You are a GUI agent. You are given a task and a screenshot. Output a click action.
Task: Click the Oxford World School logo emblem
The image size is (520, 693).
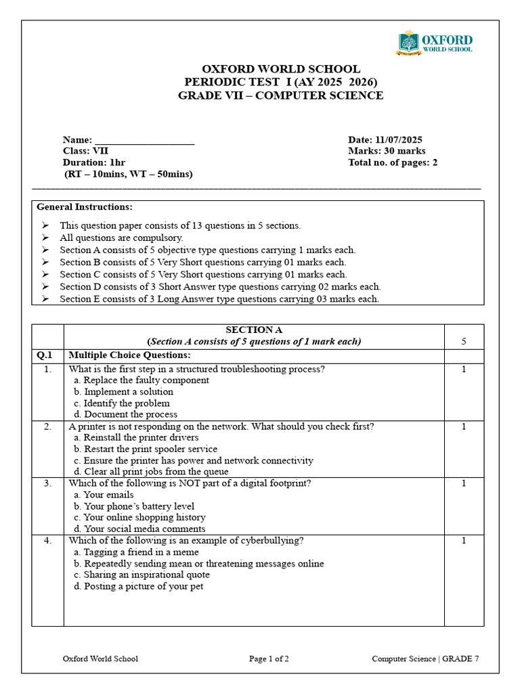click(408, 43)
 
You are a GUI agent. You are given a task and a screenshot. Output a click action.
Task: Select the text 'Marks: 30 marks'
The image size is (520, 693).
click(387, 151)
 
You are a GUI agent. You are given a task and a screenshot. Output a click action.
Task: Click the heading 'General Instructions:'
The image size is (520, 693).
click(85, 206)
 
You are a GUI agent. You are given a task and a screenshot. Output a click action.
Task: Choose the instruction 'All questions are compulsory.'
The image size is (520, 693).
click(121, 238)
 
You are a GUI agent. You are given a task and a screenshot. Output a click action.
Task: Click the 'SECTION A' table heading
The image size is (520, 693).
click(254, 330)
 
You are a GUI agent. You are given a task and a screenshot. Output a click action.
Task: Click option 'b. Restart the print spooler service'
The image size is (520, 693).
click(146, 449)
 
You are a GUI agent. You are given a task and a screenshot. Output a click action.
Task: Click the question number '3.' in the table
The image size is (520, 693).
click(47, 483)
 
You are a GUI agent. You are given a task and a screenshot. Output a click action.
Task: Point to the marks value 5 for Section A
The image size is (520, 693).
click(464, 342)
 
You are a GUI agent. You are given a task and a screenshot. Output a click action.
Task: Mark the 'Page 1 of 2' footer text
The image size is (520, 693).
click(269, 658)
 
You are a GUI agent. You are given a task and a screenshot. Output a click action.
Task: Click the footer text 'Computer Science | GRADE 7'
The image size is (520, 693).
click(425, 658)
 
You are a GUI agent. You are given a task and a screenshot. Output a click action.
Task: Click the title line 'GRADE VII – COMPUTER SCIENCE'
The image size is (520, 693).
click(280, 95)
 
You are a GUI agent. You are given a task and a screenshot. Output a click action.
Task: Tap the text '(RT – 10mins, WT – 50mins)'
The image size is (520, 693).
click(128, 174)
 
